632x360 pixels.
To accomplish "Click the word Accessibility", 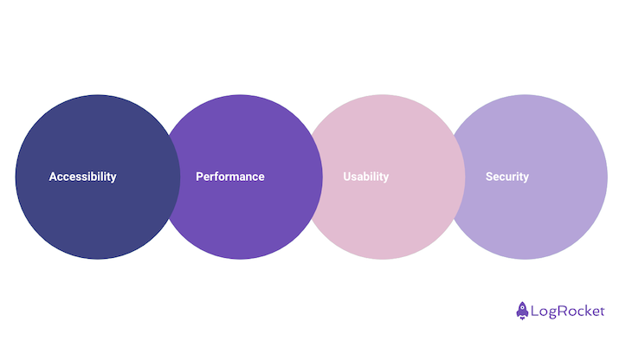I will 82,177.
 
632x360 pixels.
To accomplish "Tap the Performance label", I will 229,177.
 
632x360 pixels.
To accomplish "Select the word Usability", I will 365,177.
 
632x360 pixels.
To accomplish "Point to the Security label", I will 506,177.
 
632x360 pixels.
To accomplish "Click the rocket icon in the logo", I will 523,310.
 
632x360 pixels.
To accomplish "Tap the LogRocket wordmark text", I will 570,311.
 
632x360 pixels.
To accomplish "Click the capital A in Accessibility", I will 53,177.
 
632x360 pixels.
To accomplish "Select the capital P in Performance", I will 200,177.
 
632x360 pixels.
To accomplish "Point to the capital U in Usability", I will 347,177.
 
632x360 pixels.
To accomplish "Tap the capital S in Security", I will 489,177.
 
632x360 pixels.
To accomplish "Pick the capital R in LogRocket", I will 564,311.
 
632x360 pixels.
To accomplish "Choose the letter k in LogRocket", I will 589,311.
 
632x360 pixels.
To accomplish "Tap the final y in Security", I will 526,177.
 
